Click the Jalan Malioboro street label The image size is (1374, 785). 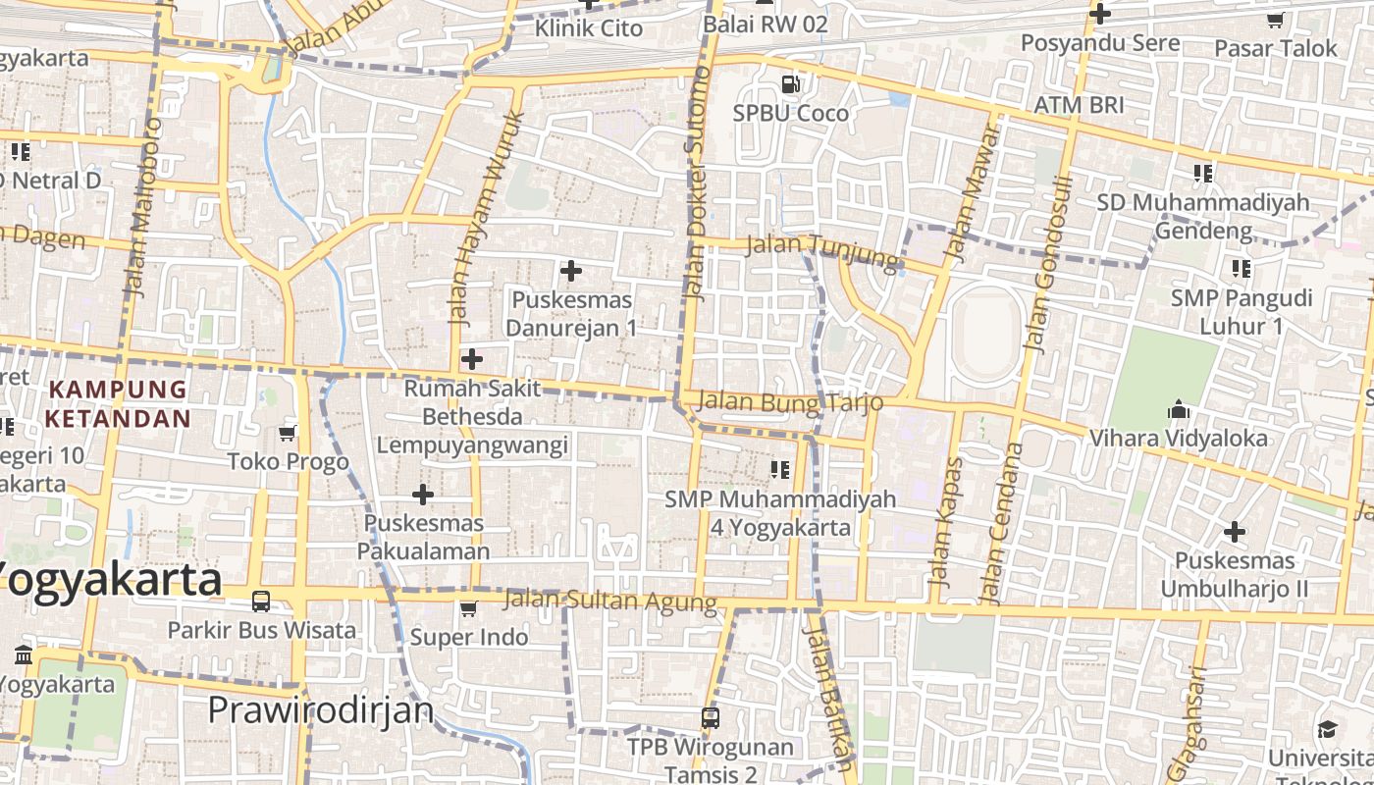(142, 208)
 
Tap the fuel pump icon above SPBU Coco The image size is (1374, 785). (790, 84)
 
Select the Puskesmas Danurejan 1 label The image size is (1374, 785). (571, 313)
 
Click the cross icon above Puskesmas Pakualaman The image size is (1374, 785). (423, 494)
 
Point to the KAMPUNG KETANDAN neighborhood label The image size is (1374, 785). (118, 403)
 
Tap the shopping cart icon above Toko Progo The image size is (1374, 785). (288, 433)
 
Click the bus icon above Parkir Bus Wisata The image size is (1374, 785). (261, 601)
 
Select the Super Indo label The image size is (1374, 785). (469, 637)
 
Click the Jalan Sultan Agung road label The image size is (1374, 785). (609, 601)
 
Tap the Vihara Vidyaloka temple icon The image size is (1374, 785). (1179, 409)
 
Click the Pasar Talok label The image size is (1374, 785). (1276, 48)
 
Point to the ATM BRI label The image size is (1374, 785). (1080, 104)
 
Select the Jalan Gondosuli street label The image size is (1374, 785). (1042, 265)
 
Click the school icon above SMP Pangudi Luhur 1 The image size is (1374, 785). (1242, 268)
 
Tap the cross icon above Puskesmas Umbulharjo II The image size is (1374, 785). (1235, 532)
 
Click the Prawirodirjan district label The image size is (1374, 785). (320, 708)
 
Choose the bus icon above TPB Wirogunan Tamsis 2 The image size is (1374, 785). (711, 718)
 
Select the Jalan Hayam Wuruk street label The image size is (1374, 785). (487, 218)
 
